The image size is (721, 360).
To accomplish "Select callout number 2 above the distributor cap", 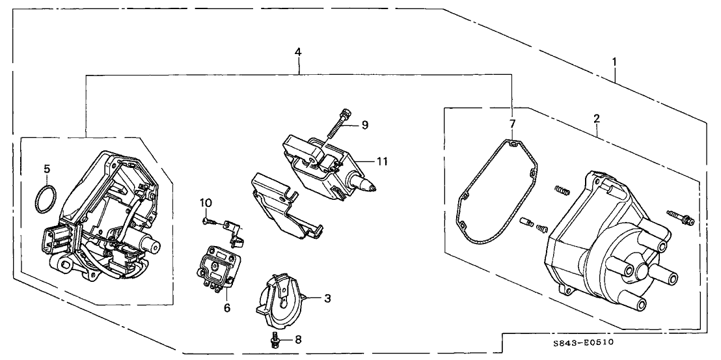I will coord(596,118).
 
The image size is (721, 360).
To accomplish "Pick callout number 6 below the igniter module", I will coord(227,307).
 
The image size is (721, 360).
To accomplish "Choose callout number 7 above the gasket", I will coord(512,124).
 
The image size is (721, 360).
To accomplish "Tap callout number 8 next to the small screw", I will coord(299,339).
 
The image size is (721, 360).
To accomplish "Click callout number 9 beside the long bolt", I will coord(365,124).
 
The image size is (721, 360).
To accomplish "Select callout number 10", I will coord(205,203).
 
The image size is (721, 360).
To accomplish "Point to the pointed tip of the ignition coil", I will coord(373,189).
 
